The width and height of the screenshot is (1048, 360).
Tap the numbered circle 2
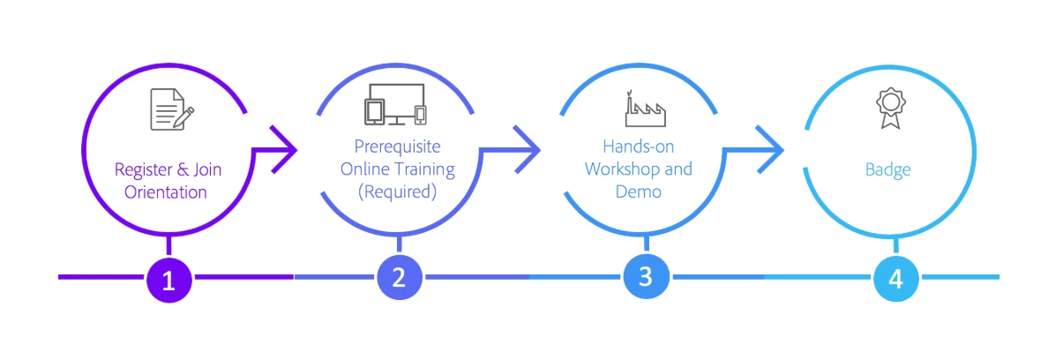pyautogui.click(x=399, y=279)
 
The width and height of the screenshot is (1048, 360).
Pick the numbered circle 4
pyautogui.click(x=895, y=279)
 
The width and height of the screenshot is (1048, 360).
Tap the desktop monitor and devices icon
pyautogui.click(x=396, y=103)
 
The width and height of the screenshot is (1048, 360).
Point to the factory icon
pyautogui.click(x=645, y=109)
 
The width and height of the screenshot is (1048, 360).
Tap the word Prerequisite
pyautogui.click(x=396, y=146)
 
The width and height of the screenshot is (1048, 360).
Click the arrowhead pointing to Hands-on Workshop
pyautogui.click(x=528, y=150)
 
